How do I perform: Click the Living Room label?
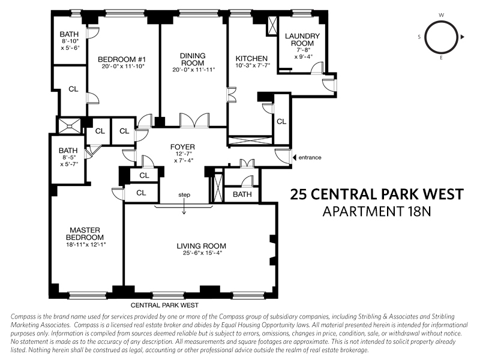201,245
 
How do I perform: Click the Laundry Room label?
302,40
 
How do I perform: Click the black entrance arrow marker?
294,158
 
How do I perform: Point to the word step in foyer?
185,195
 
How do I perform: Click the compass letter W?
441,14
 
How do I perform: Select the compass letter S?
419,37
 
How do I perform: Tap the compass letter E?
441,59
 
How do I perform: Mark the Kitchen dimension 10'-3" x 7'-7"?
253,67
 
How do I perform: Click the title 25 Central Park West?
377,194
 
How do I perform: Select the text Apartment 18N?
377,211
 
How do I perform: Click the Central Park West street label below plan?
166,305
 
